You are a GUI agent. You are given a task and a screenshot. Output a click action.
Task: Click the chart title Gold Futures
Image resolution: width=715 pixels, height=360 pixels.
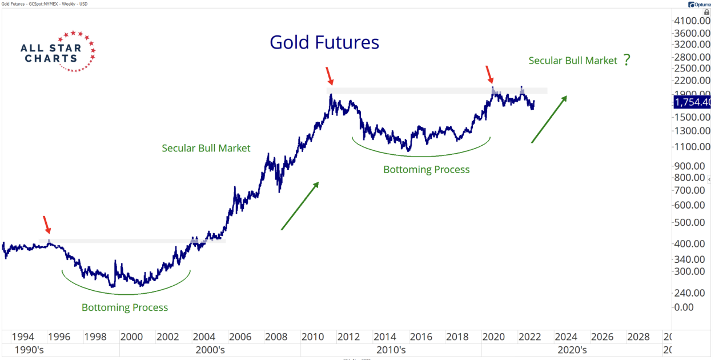click(x=324, y=42)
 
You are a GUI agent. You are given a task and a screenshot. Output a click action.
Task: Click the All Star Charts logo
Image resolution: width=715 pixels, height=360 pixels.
click(x=58, y=51)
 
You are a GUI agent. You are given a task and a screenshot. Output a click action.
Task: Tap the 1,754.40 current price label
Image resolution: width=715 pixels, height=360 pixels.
click(x=692, y=102)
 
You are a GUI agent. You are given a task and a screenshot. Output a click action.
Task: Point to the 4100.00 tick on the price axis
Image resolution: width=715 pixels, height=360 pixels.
click(x=692, y=21)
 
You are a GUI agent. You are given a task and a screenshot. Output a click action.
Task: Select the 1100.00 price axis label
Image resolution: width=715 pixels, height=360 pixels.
click(x=692, y=146)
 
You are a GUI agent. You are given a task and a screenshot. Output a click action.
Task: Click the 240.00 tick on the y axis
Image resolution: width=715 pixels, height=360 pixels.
click(x=689, y=293)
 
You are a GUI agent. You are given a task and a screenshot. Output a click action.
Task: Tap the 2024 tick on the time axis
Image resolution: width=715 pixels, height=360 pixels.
click(x=565, y=337)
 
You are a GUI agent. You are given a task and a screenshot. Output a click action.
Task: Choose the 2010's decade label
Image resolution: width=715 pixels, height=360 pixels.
click(x=391, y=350)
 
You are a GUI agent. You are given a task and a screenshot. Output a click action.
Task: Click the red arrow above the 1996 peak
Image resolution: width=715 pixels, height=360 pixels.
click(x=47, y=225)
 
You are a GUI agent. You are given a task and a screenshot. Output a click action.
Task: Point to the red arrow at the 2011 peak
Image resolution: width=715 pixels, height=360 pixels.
click(x=328, y=75)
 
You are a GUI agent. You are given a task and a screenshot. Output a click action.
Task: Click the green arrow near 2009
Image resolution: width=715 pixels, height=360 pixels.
click(x=300, y=206)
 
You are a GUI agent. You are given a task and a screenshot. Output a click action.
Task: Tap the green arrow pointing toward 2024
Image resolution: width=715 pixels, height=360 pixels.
click(x=549, y=119)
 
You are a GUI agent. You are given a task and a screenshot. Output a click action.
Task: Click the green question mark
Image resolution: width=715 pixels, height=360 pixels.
click(x=626, y=60)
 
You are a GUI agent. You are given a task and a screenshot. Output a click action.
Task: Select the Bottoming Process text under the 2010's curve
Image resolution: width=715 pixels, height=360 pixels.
click(x=426, y=170)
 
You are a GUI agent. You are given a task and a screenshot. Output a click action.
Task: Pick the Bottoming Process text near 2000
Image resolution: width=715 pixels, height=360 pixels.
click(x=124, y=307)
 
